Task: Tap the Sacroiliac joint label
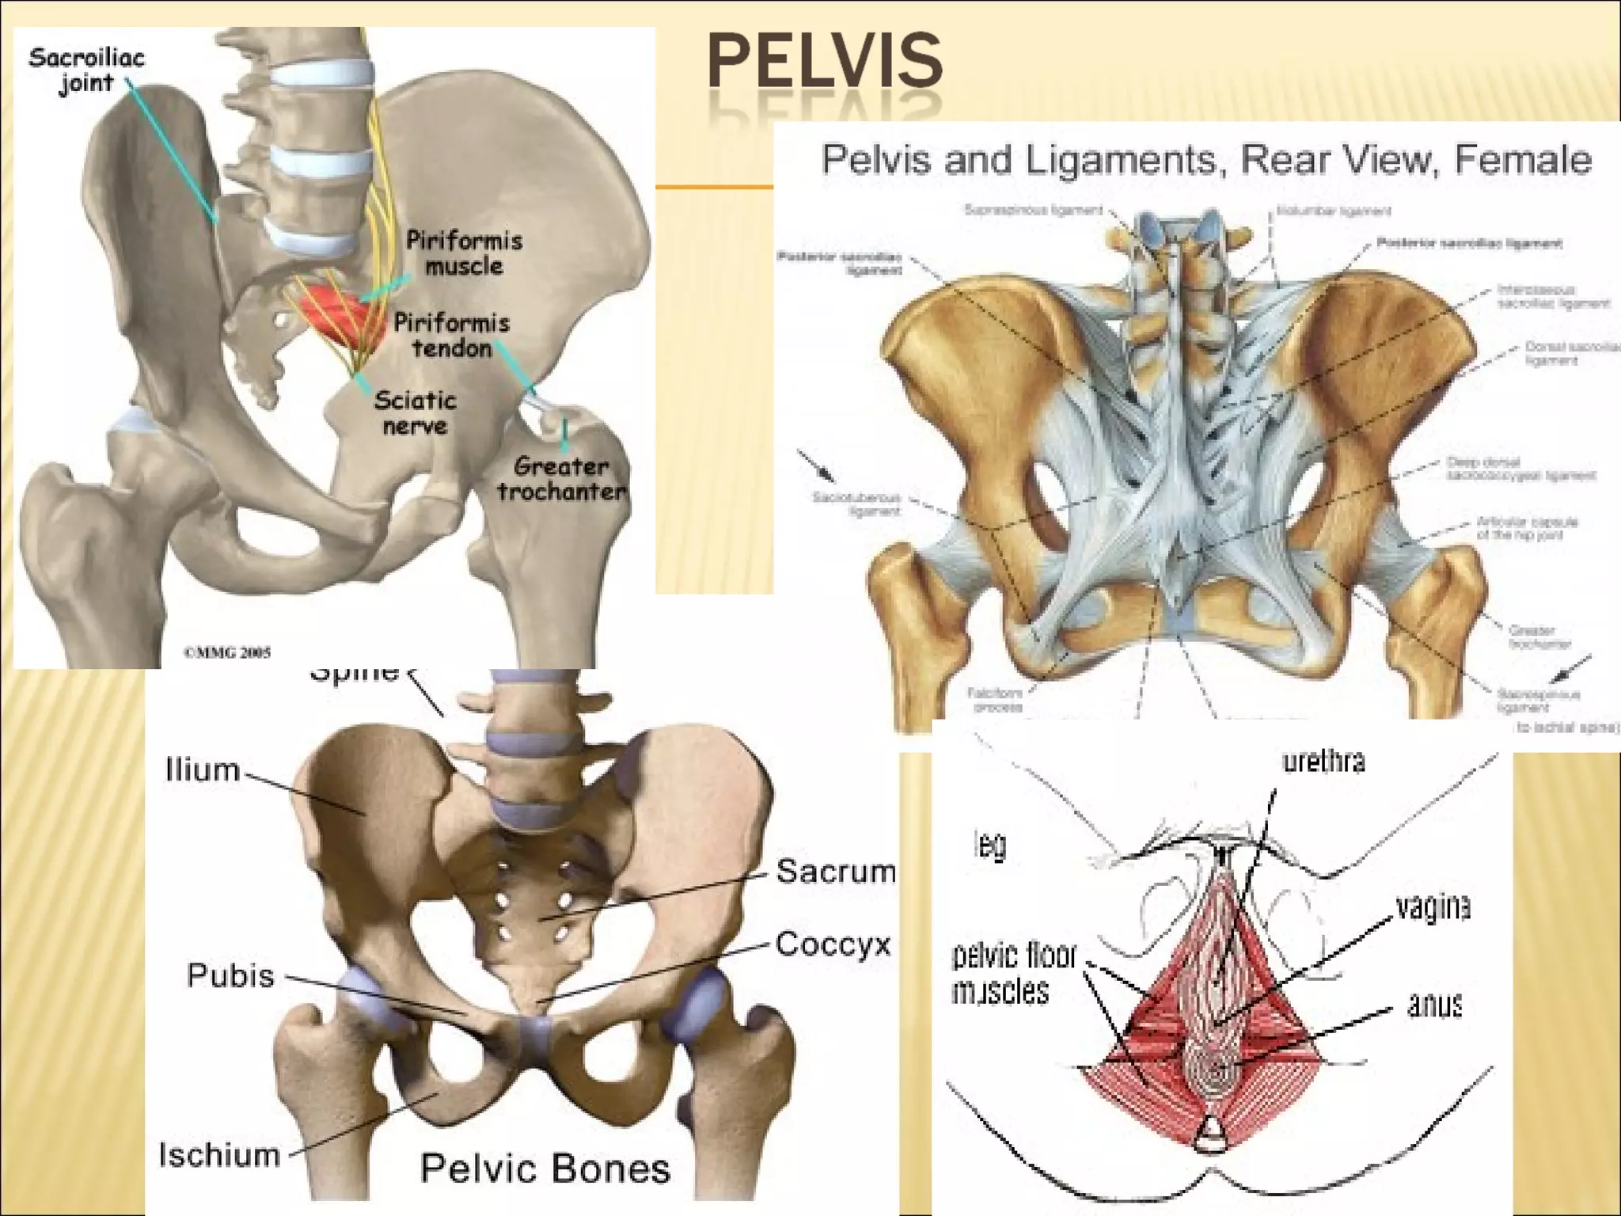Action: [86, 70]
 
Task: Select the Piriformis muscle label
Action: [464, 253]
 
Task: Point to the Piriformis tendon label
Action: [452, 335]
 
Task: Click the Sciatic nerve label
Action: [415, 412]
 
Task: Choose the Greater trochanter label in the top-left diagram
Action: [561, 478]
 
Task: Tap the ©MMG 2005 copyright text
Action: [227, 652]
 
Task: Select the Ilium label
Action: [202, 769]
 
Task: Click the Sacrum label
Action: [835, 871]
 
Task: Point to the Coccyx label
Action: [833, 944]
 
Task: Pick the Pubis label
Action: [230, 975]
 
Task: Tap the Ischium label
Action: [219, 1155]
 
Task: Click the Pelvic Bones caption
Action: [545, 1168]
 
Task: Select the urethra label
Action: [1323, 761]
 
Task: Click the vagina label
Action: [1433, 907]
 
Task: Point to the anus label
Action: [1434, 1005]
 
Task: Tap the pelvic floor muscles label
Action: [1013, 974]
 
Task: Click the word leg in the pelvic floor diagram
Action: [990, 845]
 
